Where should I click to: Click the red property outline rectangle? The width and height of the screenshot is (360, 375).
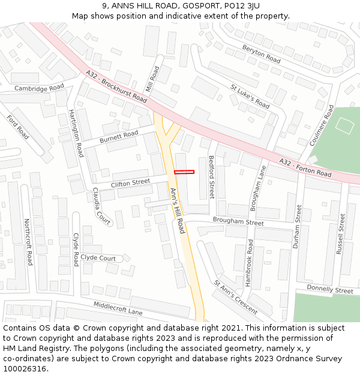[x=184, y=172]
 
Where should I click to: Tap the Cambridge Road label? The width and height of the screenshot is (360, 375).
[x=39, y=88]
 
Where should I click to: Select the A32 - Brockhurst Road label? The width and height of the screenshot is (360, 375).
[x=116, y=86]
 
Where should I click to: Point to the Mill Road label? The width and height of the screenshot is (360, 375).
[x=155, y=79]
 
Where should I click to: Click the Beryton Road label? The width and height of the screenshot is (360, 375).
[x=262, y=54]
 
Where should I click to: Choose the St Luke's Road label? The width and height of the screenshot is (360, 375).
[x=250, y=95]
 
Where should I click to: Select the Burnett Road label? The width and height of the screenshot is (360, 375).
[x=119, y=137]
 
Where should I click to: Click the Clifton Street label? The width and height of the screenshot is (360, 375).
[x=130, y=182]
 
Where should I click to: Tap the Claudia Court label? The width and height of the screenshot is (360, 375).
[x=101, y=206]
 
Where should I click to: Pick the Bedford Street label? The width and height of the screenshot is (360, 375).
[x=211, y=177]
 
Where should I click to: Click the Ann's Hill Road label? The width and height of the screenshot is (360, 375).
[x=178, y=211]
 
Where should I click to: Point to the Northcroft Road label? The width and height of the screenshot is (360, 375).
[x=28, y=242]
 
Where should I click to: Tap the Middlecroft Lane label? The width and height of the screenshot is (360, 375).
[x=118, y=308]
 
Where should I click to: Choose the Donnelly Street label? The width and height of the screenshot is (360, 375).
[x=330, y=290]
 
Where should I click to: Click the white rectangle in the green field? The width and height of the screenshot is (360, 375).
[x=344, y=125]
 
